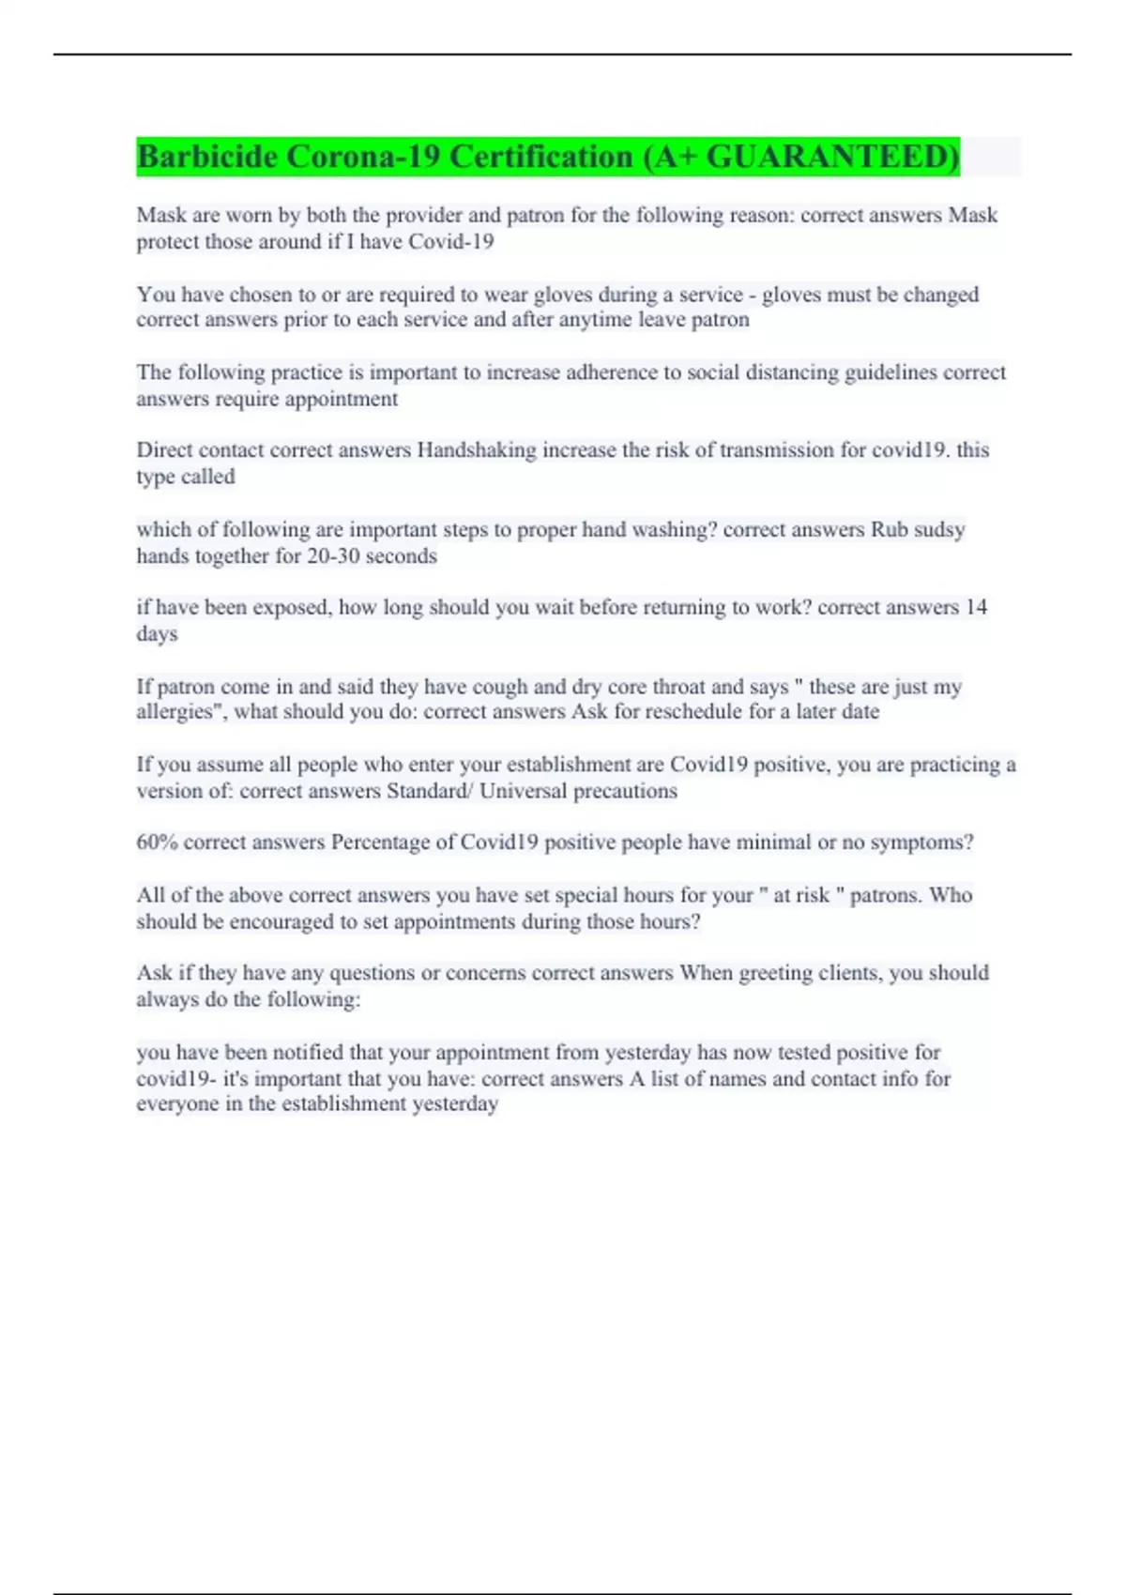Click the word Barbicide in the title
(206, 156)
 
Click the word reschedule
(677, 712)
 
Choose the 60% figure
(157, 843)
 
